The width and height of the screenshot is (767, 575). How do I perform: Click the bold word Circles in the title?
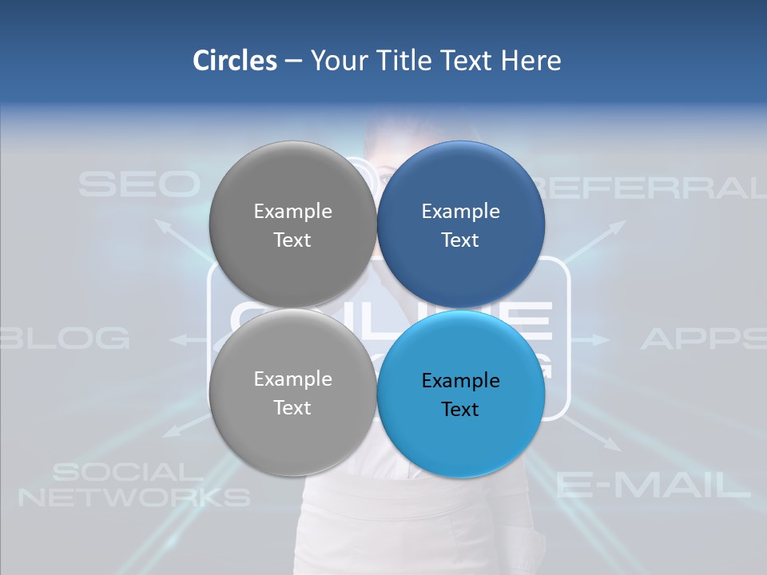234,61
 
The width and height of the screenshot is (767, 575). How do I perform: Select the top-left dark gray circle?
292,225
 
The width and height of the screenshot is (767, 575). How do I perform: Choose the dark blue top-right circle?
460,225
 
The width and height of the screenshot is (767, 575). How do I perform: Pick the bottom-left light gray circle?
292,393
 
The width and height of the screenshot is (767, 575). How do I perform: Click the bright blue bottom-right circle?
460,393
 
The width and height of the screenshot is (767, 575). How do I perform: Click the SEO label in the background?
138,184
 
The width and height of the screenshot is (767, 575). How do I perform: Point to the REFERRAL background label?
647,187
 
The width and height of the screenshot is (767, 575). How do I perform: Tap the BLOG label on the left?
66,339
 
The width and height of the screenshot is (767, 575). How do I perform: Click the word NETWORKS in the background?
134,498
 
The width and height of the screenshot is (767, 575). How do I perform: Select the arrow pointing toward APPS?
591,339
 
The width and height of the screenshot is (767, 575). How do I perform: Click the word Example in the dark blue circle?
460,211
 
